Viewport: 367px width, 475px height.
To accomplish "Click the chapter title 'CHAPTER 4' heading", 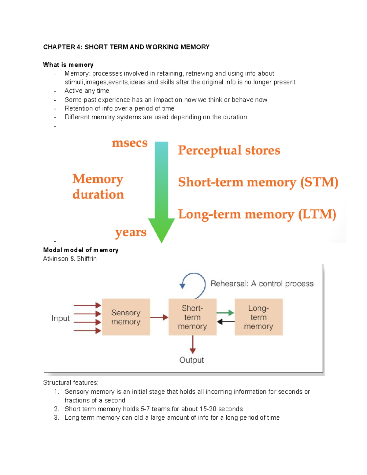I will pyautogui.click(x=126, y=47).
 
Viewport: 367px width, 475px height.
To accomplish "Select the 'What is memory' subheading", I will pyautogui.click(x=68, y=65).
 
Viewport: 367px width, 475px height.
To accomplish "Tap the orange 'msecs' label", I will pyautogui.click(x=130, y=143).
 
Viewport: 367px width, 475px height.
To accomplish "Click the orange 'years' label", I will pyautogui.click(x=131, y=232).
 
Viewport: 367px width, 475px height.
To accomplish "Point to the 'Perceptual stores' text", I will pyautogui.click(x=229, y=150).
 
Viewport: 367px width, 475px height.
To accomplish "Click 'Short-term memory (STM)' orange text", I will pyautogui.click(x=258, y=182).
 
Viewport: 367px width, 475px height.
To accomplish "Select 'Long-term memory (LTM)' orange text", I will pyautogui.click(x=257, y=214).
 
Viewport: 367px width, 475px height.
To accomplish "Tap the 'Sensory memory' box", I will pyautogui.click(x=126, y=317).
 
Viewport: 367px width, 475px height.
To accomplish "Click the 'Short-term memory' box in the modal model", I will pyautogui.click(x=192, y=317).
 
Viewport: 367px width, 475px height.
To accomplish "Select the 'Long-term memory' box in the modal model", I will pyautogui.click(x=258, y=317).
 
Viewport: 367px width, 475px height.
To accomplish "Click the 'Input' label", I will pyautogui.click(x=61, y=318).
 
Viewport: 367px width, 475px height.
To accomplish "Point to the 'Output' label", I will pyautogui.click(x=191, y=360).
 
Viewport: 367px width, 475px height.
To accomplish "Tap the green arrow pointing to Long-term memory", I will pyautogui.click(x=225, y=313).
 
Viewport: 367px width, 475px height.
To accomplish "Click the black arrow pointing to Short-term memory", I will pyautogui.click(x=225, y=322).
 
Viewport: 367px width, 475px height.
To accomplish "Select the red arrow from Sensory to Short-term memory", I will pyautogui.click(x=159, y=317).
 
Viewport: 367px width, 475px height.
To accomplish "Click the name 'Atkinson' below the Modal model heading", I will pyautogui.click(x=56, y=258).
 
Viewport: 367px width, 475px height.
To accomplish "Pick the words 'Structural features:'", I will pyautogui.click(x=71, y=383).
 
